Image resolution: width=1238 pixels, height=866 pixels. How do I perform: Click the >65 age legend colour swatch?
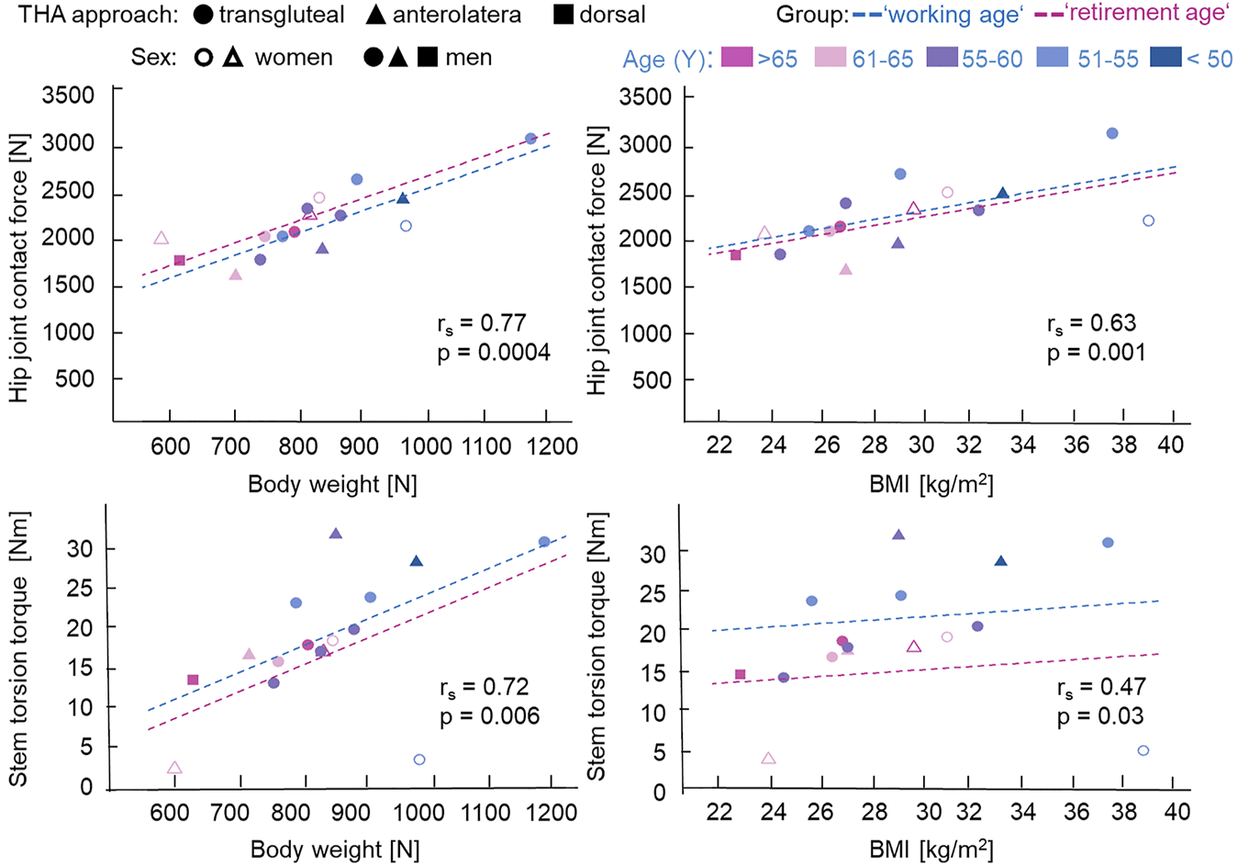[x=737, y=58]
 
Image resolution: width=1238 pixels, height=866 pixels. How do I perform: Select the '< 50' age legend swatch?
[x=1165, y=58]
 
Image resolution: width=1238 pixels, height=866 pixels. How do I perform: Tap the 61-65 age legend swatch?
[x=831, y=58]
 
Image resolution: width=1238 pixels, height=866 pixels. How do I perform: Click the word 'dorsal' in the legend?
[x=612, y=15]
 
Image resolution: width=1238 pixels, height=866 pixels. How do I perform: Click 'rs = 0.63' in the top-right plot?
[x=1091, y=323]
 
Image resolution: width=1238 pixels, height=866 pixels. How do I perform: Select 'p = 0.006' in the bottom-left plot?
[x=489, y=716]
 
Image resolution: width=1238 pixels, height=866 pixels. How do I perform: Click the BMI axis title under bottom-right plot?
[x=931, y=849]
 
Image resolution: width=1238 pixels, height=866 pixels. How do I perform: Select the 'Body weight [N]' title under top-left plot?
[x=332, y=483]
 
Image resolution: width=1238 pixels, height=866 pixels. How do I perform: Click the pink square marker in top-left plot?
[x=180, y=261]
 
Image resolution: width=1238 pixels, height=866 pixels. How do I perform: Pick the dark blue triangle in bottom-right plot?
[x=1001, y=561]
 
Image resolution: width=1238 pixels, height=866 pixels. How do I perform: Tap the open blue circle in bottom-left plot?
[x=419, y=759]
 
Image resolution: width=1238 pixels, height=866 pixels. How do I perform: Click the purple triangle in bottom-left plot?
[x=335, y=534]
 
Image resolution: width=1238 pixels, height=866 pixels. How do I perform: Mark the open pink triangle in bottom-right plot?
[x=769, y=759]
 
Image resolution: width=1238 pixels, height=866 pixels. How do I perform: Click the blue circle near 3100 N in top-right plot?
[x=1112, y=133]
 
